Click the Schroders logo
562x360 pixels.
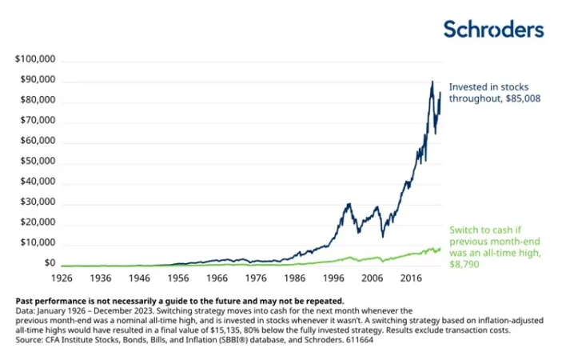[x=493, y=30]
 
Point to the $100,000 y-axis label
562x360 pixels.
[x=35, y=60]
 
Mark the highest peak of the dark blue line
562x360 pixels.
[x=432, y=82]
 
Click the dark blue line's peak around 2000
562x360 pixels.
[x=349, y=204]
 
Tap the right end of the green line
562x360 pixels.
[x=440, y=248]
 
